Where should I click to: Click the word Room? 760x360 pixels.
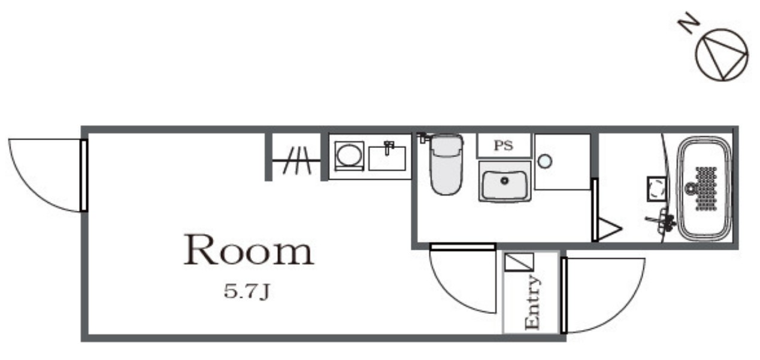click(x=249, y=250)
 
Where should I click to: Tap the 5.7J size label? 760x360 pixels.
click(x=247, y=292)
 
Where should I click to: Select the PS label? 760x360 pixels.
click(x=504, y=146)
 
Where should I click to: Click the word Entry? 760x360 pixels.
click(x=532, y=302)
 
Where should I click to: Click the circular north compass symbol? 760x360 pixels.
click(x=722, y=55)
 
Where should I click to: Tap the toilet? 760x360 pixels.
click(x=446, y=165)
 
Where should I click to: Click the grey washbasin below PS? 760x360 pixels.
click(x=505, y=182)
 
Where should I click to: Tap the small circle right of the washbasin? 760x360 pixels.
click(x=545, y=161)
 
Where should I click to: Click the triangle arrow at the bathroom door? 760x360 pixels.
click(x=609, y=229)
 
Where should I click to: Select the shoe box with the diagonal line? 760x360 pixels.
click(x=519, y=262)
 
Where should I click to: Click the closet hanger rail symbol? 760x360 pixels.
click(x=296, y=160)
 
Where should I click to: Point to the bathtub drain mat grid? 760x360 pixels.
click(x=706, y=189)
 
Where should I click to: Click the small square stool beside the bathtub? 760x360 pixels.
click(x=656, y=189)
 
